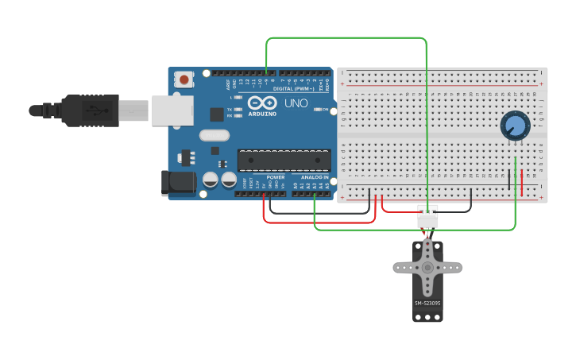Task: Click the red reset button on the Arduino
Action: point(184,79)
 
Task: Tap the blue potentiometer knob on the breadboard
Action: point(515,126)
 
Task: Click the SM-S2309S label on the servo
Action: point(427,303)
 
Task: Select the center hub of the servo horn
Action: point(427,269)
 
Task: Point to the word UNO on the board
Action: point(296,103)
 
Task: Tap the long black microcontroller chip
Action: point(284,160)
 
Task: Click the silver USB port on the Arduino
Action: point(172,110)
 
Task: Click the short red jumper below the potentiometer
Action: point(522,182)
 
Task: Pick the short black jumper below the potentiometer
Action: point(509,180)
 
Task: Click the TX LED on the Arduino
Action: point(239,110)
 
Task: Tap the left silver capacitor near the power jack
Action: point(211,180)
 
